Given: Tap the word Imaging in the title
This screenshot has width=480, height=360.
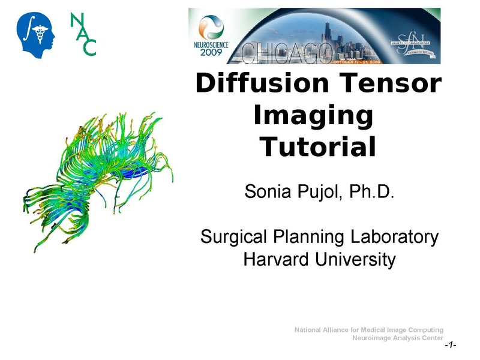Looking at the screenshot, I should pyautogui.click(x=313, y=115).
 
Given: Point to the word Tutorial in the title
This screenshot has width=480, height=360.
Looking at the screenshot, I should pyautogui.click(x=317, y=146).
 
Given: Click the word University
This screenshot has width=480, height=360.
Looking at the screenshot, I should pyautogui.click(x=356, y=260).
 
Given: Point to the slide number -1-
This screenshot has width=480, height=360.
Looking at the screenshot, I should pyautogui.click(x=450, y=346).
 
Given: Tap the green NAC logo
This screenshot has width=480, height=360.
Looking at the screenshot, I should pyautogui.click(x=83, y=34).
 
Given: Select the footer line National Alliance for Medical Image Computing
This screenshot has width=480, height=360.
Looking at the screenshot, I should pyautogui.click(x=369, y=330).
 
